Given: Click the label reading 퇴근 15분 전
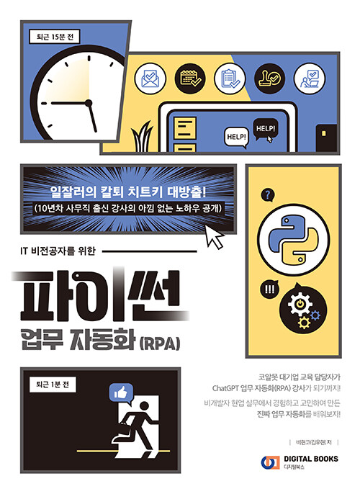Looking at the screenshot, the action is [x=54, y=37].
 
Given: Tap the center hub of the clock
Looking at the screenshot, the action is [x=89, y=103].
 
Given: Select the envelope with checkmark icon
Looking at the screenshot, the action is [x=150, y=78].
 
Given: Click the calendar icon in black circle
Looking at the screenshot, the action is [x=190, y=78].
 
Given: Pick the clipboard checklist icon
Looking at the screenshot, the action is [x=230, y=78].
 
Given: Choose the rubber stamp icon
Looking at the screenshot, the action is [x=269, y=78].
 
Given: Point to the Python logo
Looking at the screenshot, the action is [x=293, y=240].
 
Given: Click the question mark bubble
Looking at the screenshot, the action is [x=268, y=195].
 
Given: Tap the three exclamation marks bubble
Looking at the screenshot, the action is [x=269, y=289].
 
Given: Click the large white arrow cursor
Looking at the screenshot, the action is [x=215, y=235].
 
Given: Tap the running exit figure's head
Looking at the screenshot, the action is [x=144, y=406].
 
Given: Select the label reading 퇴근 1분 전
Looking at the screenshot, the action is [x=53, y=385].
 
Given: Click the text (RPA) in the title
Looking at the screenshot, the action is [x=160, y=343].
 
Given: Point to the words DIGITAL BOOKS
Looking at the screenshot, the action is [x=311, y=459].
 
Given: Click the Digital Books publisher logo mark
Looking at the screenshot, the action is [x=271, y=462].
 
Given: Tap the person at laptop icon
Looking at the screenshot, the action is [x=310, y=78].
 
